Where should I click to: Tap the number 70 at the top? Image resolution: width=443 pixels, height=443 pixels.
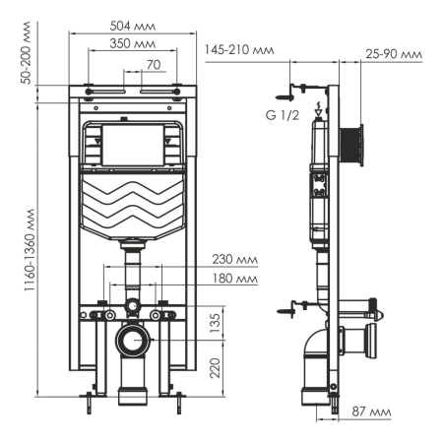(x=152, y=65)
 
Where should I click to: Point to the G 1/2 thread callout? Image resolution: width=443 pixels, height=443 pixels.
(x=283, y=114)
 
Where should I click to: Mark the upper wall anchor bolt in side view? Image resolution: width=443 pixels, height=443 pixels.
(x=286, y=95)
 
